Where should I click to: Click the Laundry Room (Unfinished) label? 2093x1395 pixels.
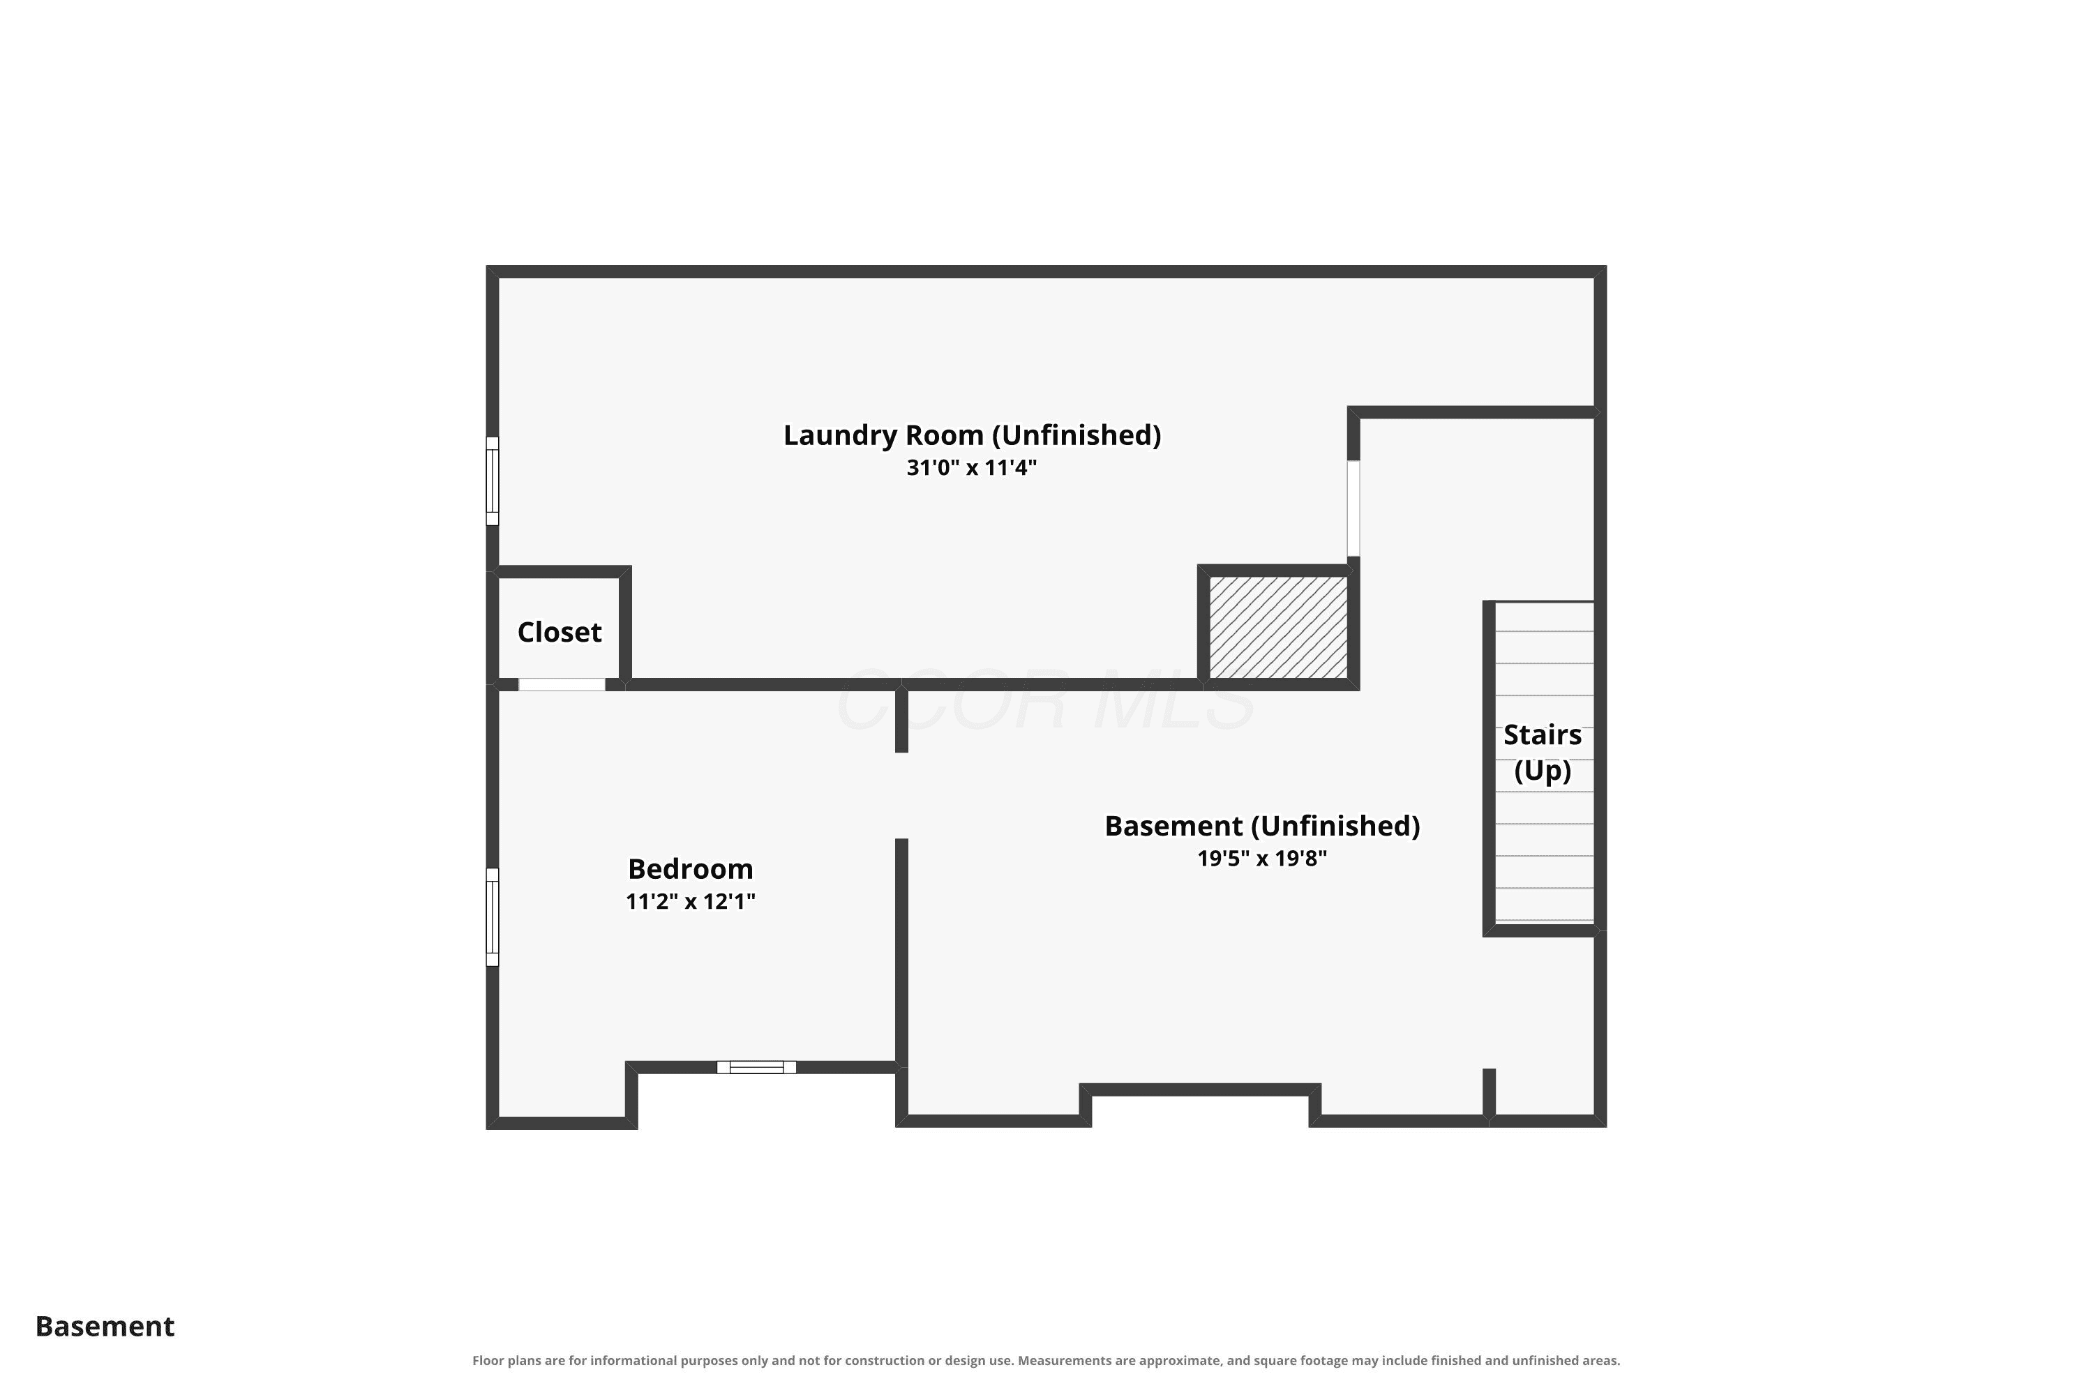click(972, 435)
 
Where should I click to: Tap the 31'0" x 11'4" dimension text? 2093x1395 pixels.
click(972, 468)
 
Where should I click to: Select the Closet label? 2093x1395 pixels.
click(560, 632)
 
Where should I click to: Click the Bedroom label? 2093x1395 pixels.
click(691, 868)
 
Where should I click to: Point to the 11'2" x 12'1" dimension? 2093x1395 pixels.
click(691, 901)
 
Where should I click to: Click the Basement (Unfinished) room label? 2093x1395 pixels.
click(1262, 827)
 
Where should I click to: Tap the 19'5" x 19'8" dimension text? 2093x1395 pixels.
click(1262, 859)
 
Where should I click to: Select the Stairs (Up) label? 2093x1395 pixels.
click(1542, 753)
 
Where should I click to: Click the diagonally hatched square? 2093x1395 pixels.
click(1278, 627)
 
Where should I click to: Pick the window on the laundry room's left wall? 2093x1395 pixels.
click(492, 481)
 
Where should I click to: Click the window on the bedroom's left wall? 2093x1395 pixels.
click(492, 917)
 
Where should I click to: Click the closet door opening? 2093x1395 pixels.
click(562, 684)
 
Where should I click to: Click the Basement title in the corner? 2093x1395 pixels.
click(105, 1327)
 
